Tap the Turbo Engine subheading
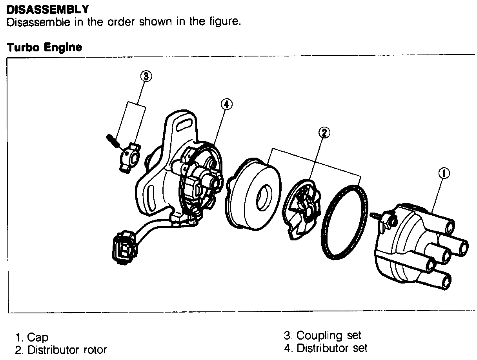[x=44, y=48]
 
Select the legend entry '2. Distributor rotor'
[x=60, y=349]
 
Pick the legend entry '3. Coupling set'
[x=322, y=336]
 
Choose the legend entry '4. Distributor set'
[x=326, y=348]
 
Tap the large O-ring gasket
[x=344, y=222]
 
